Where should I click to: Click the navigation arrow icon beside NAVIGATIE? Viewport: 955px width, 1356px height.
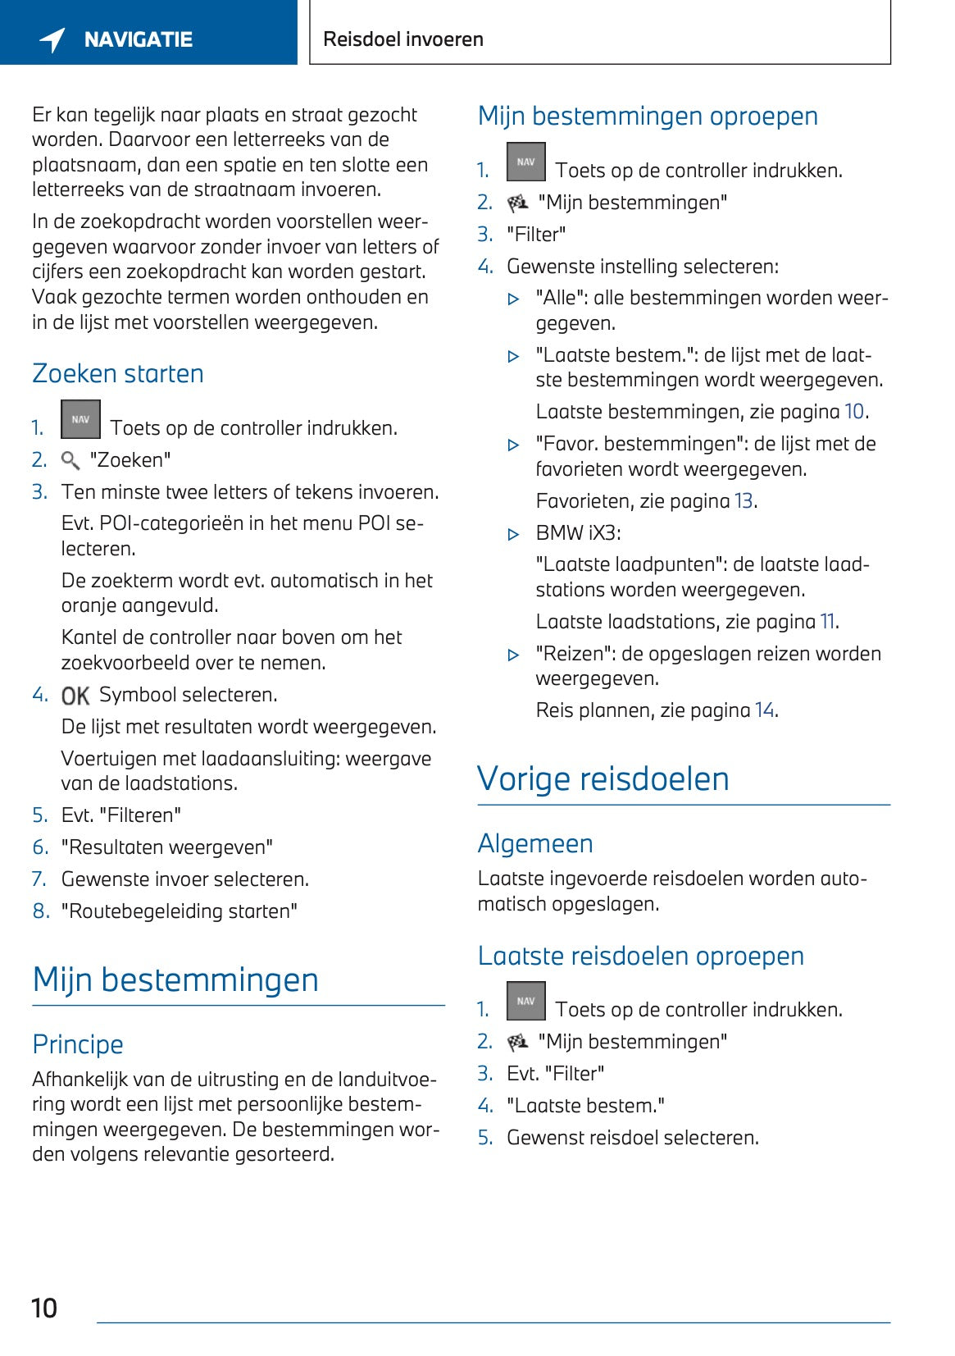52,39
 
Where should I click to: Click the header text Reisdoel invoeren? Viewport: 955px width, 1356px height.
402,39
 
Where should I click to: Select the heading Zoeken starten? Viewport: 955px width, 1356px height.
117,373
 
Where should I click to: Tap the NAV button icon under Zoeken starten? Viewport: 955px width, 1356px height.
80,419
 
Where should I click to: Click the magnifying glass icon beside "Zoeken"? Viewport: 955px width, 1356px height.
70,460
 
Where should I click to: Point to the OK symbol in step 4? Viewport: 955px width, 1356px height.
75,696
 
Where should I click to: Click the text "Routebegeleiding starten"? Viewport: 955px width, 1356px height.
179,911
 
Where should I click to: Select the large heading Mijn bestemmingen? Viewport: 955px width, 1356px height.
175,979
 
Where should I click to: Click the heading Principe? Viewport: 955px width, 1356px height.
78,1044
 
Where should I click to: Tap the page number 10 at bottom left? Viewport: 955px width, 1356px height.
44,1308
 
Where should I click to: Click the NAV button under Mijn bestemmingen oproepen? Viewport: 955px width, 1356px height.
525,162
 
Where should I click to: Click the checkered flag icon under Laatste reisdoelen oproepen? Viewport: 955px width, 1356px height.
517,1042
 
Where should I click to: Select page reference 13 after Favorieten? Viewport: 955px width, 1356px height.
743,501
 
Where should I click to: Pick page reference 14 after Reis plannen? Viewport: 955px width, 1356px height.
764,710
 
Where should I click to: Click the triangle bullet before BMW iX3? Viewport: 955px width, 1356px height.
514,535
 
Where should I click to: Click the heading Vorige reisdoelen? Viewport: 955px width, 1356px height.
603,778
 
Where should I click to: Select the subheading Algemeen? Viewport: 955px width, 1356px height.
535,843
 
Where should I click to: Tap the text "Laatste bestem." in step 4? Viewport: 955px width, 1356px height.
585,1106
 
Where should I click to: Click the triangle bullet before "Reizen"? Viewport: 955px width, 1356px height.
514,655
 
